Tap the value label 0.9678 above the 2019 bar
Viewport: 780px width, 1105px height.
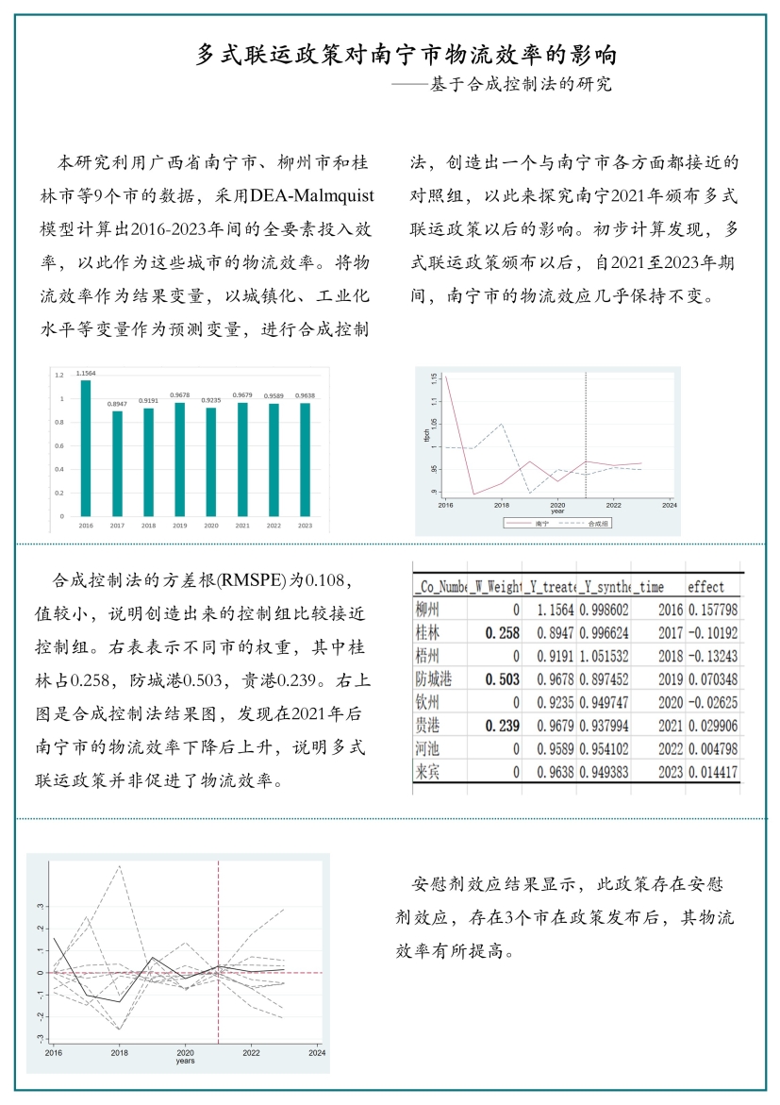180,395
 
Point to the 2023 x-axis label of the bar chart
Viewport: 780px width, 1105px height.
305,525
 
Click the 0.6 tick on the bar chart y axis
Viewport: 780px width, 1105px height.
59,445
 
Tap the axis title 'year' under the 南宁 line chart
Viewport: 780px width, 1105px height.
557,511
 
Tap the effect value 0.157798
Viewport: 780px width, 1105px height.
712,610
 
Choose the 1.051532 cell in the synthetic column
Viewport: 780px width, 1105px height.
603,656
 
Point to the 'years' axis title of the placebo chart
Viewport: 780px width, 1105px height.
185,1061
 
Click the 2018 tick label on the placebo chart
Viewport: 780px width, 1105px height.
119,1052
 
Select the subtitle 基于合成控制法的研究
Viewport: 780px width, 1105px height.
521,84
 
